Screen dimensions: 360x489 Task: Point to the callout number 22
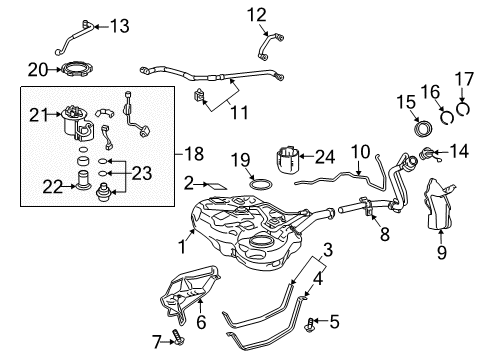pyautogui.click(x=51, y=184)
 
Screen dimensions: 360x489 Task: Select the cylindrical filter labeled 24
pyautogui.click(x=288, y=165)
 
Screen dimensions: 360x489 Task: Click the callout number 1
pyautogui.click(x=182, y=243)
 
